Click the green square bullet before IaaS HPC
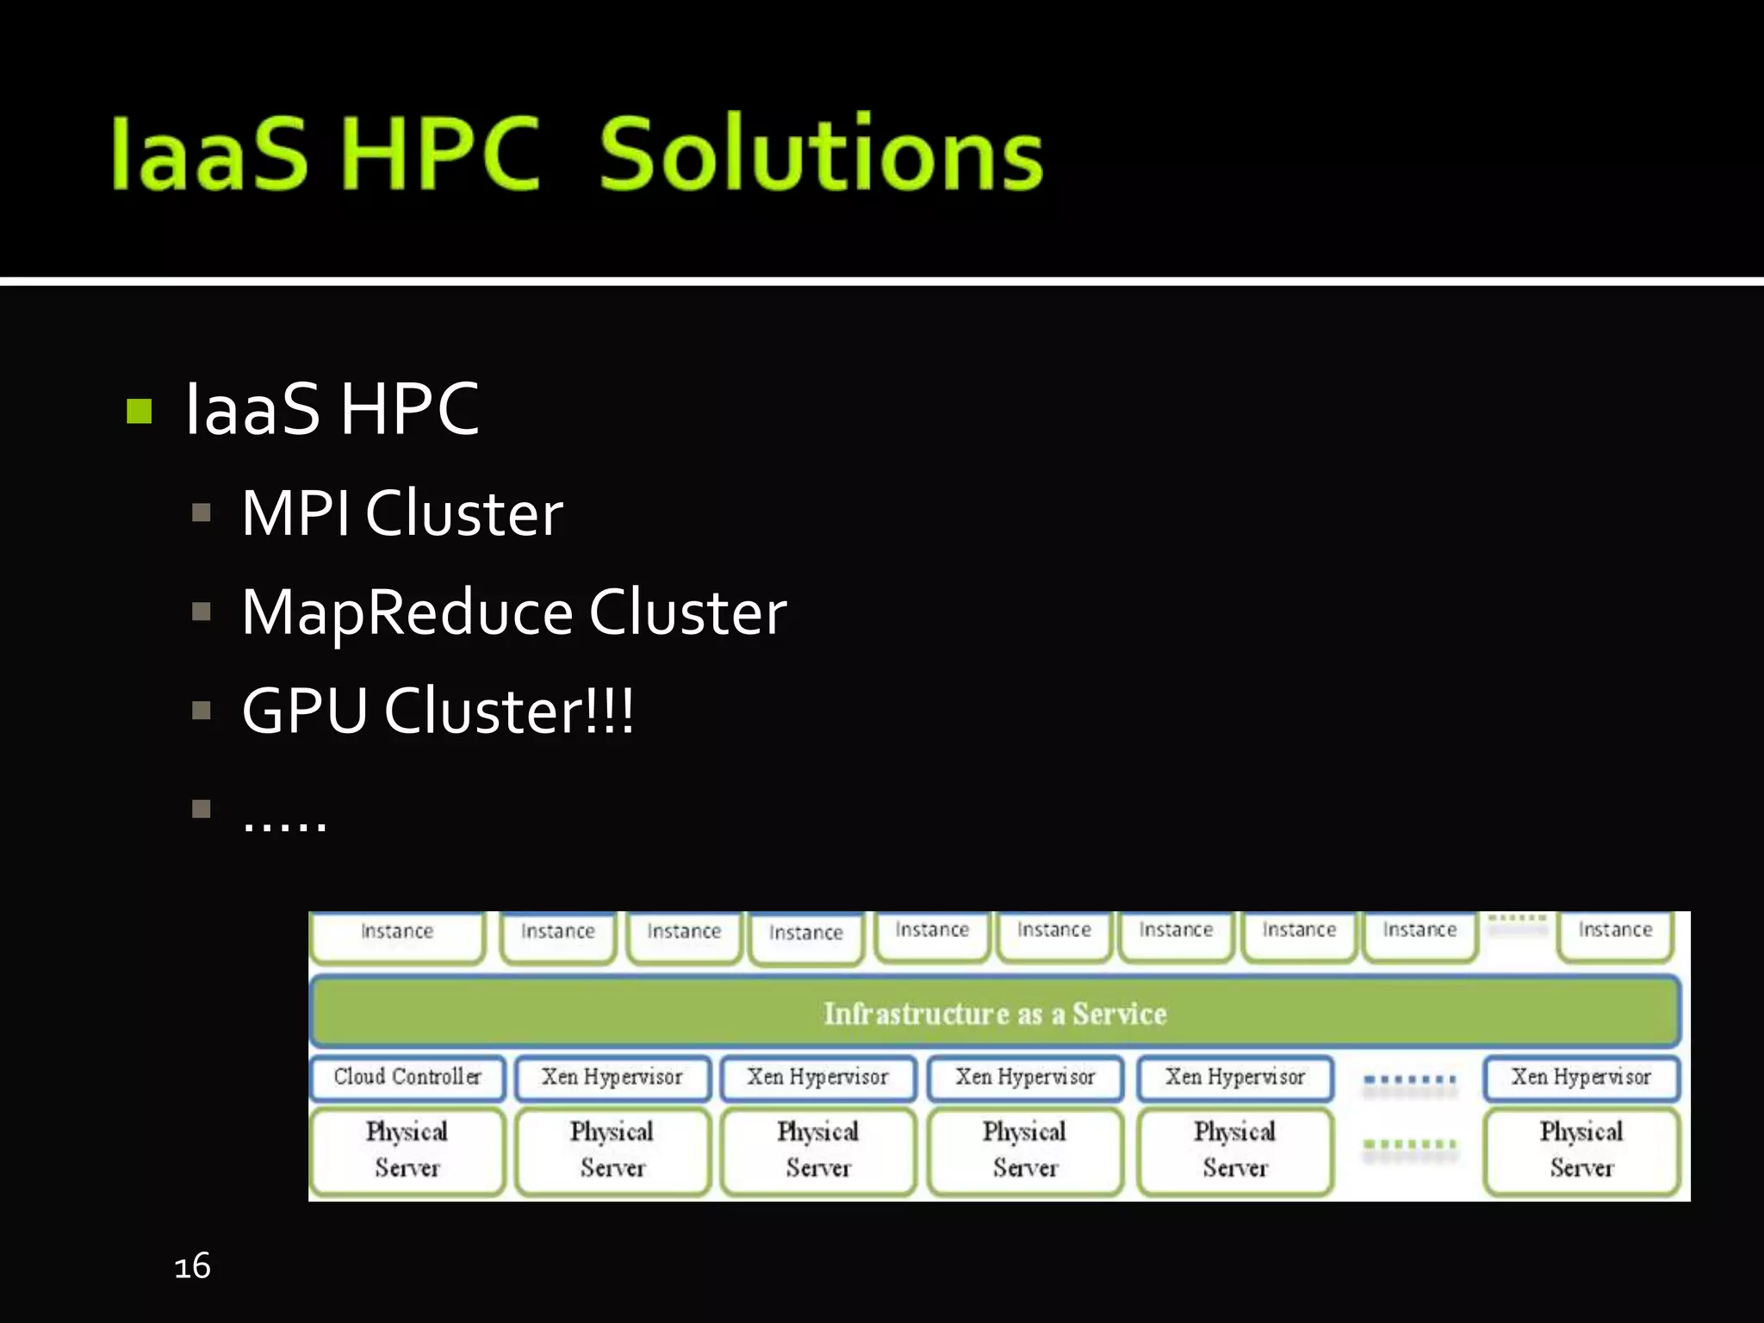point(139,411)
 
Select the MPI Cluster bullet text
point(401,513)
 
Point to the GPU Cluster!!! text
point(438,711)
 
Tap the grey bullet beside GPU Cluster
point(202,711)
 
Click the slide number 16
point(192,1266)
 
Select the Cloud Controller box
point(407,1077)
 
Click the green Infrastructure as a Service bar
point(995,1013)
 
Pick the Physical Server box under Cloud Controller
point(407,1150)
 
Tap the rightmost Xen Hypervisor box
point(1581,1077)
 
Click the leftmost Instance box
point(397,935)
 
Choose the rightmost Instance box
point(1615,933)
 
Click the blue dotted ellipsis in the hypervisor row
point(1410,1079)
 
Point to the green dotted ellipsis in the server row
point(1410,1145)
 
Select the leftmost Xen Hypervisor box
point(612,1077)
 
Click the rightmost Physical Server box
point(1581,1150)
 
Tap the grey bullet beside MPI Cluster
point(202,513)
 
